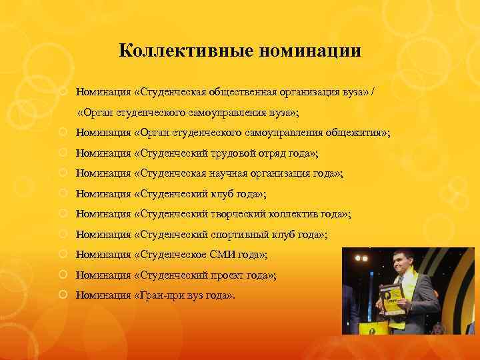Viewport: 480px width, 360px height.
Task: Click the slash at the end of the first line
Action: [x=381, y=90]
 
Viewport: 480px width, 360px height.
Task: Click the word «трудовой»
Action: [x=229, y=153]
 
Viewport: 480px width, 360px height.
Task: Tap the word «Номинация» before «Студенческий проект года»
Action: [x=103, y=275]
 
